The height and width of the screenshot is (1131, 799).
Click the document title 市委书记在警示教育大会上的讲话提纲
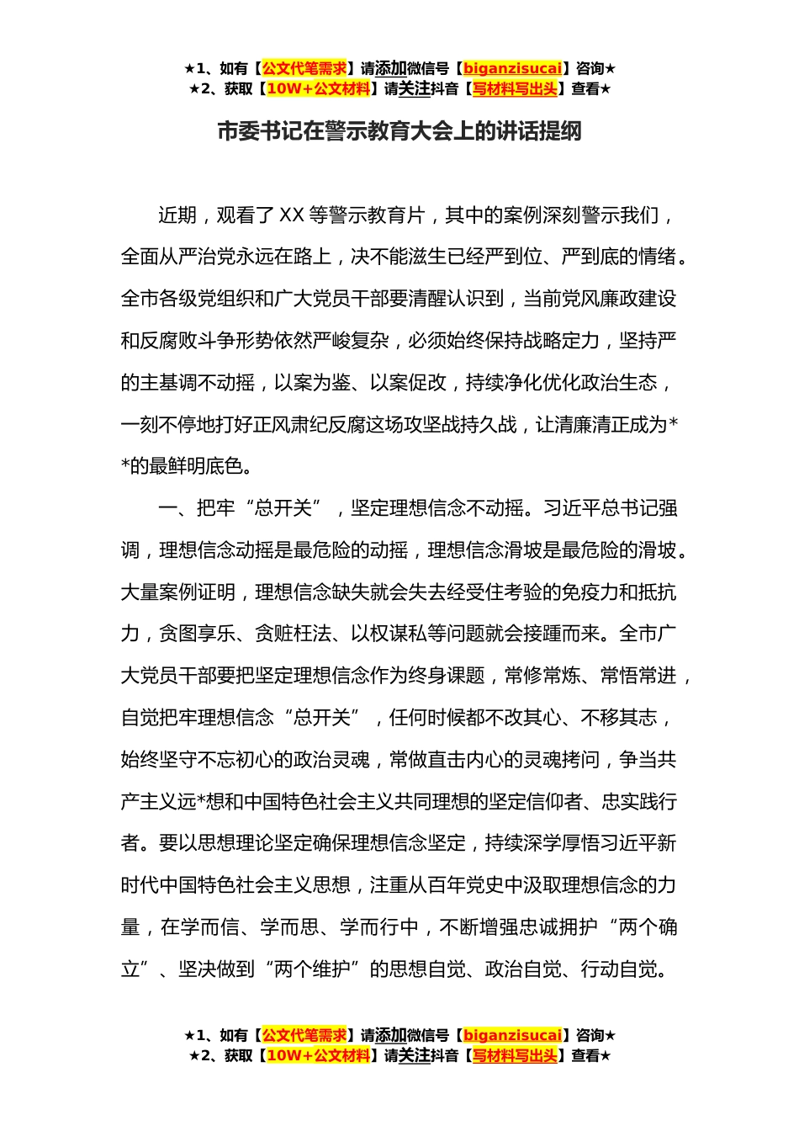point(399,132)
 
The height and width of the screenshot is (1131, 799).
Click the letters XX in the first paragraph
point(290,215)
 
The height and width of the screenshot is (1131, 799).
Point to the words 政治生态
point(619,383)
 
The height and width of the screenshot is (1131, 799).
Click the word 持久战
point(489,425)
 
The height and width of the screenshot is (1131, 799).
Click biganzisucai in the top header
point(512,68)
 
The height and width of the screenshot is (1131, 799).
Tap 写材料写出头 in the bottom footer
point(515,1055)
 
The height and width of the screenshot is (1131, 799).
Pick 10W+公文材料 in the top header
point(318,88)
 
